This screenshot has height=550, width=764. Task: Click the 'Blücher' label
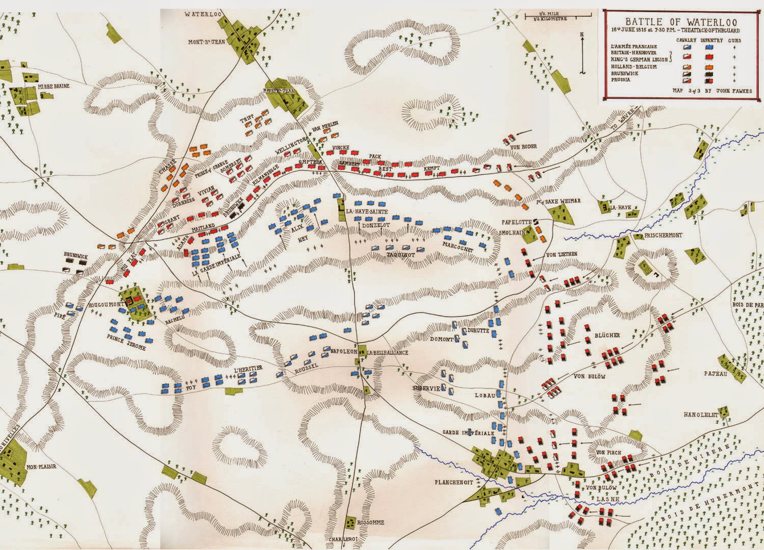click(x=607, y=335)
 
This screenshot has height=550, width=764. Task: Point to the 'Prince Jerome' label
click(x=126, y=348)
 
